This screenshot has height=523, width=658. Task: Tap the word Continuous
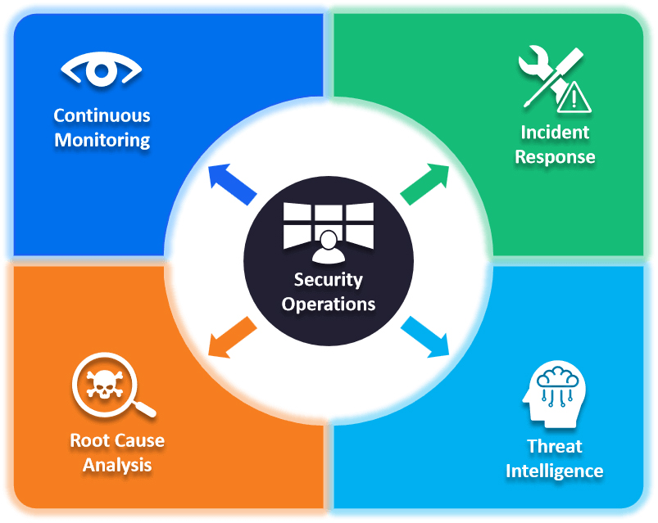(x=102, y=115)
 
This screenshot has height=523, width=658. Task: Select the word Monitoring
(x=102, y=140)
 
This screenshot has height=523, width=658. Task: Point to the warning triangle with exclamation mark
(x=576, y=98)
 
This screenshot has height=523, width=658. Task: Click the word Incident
(x=555, y=132)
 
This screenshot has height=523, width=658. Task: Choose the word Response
(x=555, y=156)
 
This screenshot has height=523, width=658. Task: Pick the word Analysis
(x=117, y=465)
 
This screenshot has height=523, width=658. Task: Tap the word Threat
(x=555, y=446)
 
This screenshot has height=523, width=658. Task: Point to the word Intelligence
(x=555, y=471)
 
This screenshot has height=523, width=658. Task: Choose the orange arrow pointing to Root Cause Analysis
(x=230, y=336)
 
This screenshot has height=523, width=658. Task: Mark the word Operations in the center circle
(x=329, y=304)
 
